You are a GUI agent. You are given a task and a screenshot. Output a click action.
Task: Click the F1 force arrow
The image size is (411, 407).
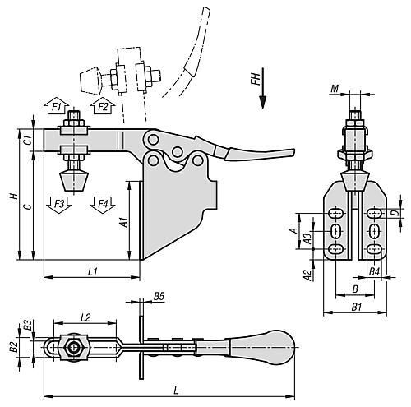[x=57, y=106]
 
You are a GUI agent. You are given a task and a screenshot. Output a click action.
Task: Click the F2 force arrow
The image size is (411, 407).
[x=103, y=106]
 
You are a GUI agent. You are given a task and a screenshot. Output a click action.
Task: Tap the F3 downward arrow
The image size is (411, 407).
[x=58, y=205]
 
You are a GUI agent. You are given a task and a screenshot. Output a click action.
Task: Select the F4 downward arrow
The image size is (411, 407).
[x=103, y=205]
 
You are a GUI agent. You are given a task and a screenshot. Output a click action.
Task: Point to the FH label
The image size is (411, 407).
[x=256, y=79]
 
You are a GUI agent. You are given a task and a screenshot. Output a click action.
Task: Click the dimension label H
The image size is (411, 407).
[x=14, y=196]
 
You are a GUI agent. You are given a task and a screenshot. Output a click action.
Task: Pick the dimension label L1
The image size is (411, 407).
[x=93, y=271]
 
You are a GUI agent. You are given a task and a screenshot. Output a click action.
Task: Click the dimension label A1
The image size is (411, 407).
[x=124, y=222]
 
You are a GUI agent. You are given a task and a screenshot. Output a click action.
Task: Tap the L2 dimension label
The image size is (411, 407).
[x=85, y=317]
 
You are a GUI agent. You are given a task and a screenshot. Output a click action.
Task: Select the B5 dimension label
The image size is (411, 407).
[x=159, y=296]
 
